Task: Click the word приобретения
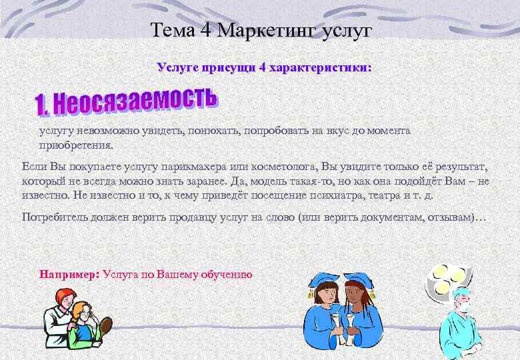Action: point(77,144)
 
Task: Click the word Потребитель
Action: point(54,217)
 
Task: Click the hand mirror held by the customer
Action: point(105,326)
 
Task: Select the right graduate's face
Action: point(353,293)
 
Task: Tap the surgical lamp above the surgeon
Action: point(448,278)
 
